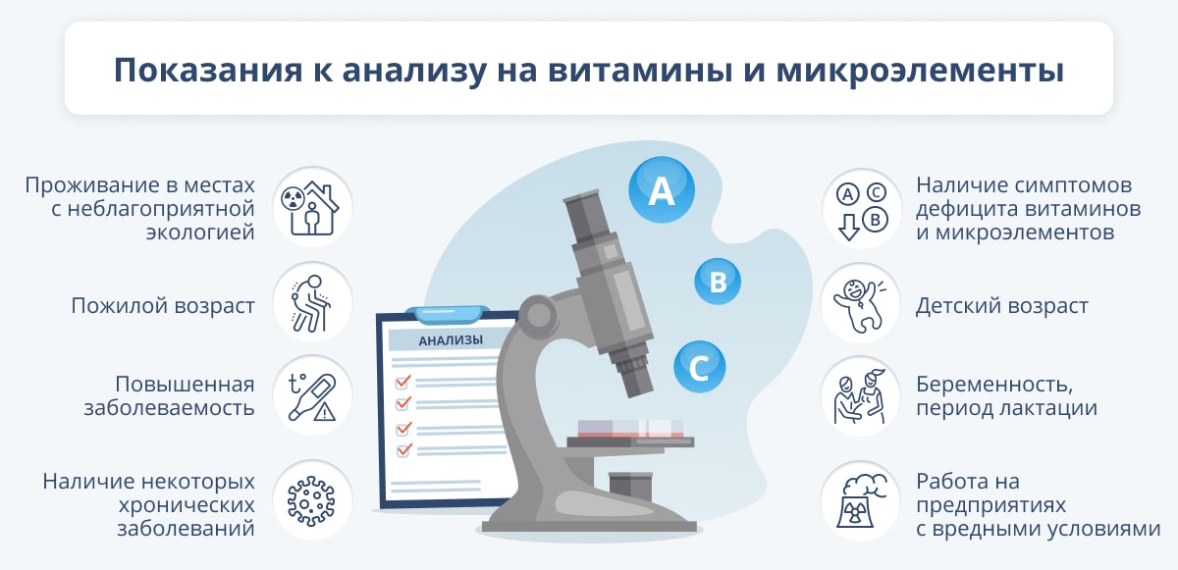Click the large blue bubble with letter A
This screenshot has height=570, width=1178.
click(662, 189)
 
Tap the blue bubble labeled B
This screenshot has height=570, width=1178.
click(718, 281)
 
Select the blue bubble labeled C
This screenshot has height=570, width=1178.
click(699, 367)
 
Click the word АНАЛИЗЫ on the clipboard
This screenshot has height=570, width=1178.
click(451, 340)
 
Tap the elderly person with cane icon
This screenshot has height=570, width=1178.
click(311, 304)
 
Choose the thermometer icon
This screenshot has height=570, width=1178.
click(312, 396)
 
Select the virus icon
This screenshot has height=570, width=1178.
click(311, 501)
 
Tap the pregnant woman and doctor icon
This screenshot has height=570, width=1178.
click(860, 397)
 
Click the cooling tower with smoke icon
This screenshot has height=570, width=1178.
click(862, 500)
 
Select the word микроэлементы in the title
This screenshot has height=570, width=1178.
click(920, 71)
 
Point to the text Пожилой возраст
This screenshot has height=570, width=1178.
click(163, 306)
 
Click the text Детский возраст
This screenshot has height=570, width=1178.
click(1002, 306)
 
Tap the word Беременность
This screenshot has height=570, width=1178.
click(994, 385)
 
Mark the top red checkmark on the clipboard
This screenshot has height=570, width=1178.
click(402, 382)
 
